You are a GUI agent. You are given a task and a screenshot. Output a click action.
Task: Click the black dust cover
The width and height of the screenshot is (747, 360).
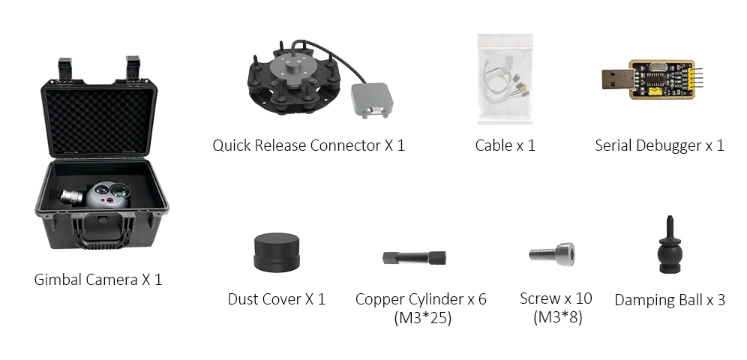(x=277, y=253)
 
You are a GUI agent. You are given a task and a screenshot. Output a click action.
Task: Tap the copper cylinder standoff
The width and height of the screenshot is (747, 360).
(x=414, y=257)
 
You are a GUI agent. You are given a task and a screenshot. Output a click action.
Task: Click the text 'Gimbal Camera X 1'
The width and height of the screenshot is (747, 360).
(x=97, y=280)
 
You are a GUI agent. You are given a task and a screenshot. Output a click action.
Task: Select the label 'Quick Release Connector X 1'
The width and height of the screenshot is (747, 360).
(x=308, y=145)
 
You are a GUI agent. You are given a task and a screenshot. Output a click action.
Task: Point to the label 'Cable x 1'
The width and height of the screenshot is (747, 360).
(x=505, y=145)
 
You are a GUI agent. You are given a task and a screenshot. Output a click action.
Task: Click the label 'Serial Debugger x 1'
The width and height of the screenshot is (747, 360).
(x=659, y=145)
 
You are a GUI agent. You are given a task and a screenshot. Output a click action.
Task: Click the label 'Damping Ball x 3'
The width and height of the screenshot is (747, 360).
(x=669, y=300)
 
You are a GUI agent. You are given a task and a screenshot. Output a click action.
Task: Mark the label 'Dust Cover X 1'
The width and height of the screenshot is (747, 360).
(x=276, y=299)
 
